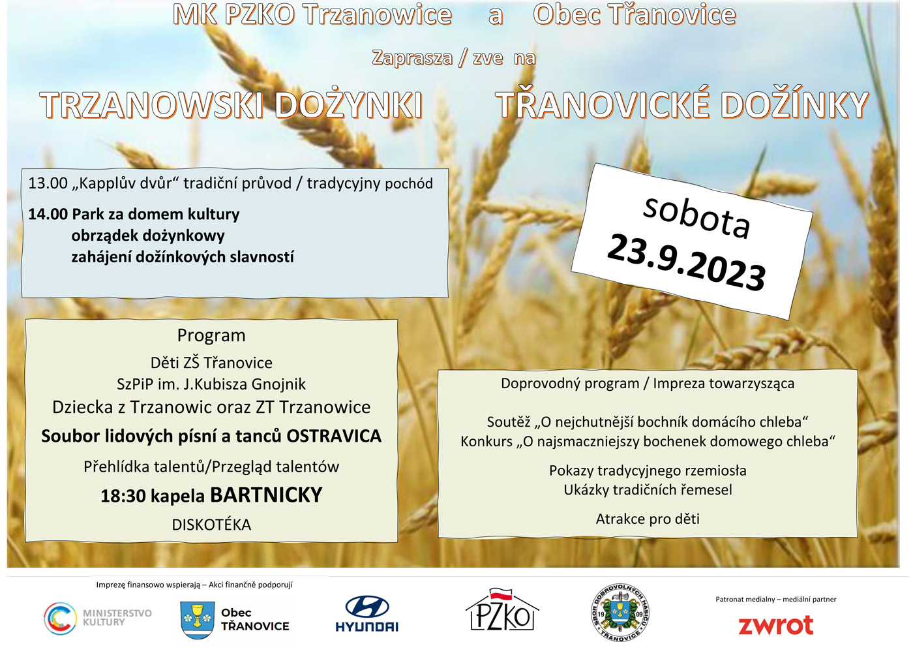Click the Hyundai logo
pyautogui.click(x=367, y=614)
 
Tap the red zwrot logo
pyautogui.click(x=775, y=625)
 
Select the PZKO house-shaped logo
pyautogui.click(x=502, y=609)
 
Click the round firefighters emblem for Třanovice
pyautogui.click(x=620, y=613)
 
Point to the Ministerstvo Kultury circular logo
pyautogui.click(x=60, y=619)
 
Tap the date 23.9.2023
pyautogui.click(x=686, y=263)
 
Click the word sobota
pyautogui.click(x=696, y=218)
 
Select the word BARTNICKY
pyautogui.click(x=266, y=495)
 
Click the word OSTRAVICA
pyautogui.click(x=334, y=436)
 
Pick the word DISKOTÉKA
pyautogui.click(x=211, y=525)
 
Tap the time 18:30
pyautogui.click(x=123, y=497)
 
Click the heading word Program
pyautogui.click(x=211, y=336)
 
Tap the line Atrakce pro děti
pyautogui.click(x=648, y=519)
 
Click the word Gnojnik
pyautogui.click(x=279, y=384)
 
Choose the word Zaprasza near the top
pyautogui.click(x=412, y=58)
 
